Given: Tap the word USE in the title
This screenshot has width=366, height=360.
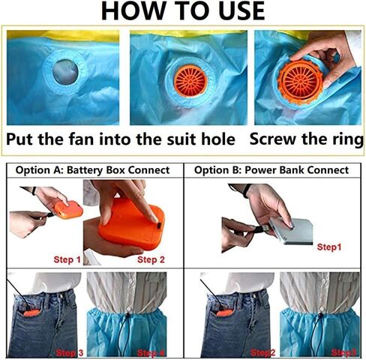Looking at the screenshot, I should (x=235, y=11).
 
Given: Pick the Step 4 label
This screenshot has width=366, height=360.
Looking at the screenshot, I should (x=153, y=351).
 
